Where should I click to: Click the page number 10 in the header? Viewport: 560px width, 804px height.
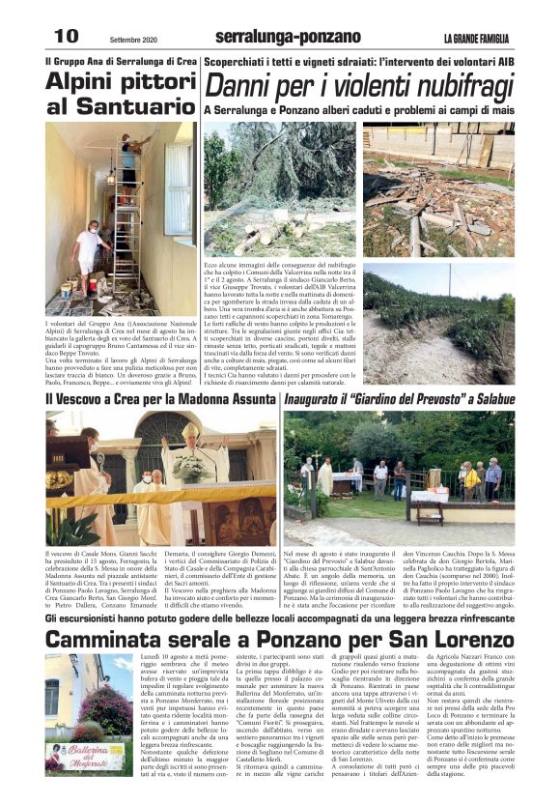[66, 36]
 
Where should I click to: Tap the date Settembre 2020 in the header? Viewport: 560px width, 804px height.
[133, 39]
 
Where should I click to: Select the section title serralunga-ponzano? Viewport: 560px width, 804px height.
[274, 37]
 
